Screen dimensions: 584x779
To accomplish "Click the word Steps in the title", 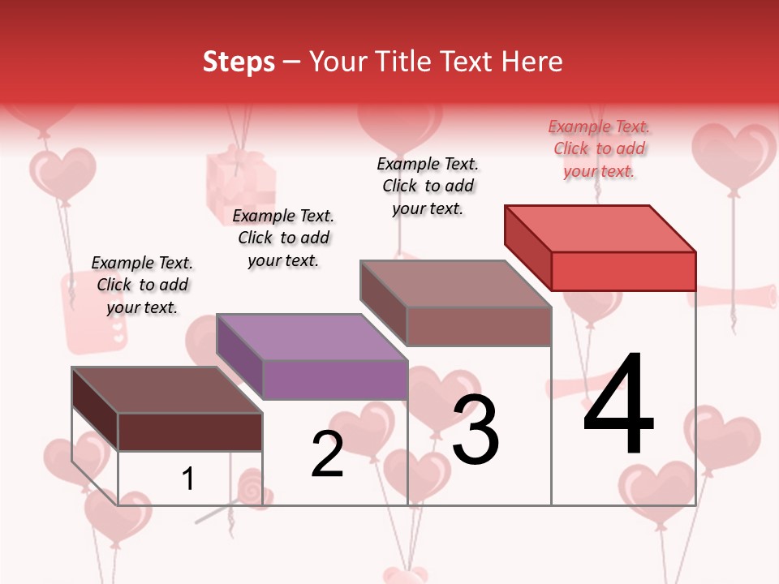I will [239, 62].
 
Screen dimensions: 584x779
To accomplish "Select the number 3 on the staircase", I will [475, 430].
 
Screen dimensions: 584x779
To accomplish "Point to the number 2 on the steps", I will [327, 454].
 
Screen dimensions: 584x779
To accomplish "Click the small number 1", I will [188, 479].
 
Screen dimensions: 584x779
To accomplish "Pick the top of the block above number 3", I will [456, 283].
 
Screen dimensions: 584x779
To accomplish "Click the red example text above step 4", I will [599, 148].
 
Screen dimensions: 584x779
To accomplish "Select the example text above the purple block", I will [283, 238].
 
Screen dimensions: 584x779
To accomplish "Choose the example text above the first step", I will [142, 285].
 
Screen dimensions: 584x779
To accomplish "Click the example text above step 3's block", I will [428, 186].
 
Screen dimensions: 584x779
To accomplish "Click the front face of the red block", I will [623, 271].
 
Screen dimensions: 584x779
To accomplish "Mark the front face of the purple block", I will [335, 380].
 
